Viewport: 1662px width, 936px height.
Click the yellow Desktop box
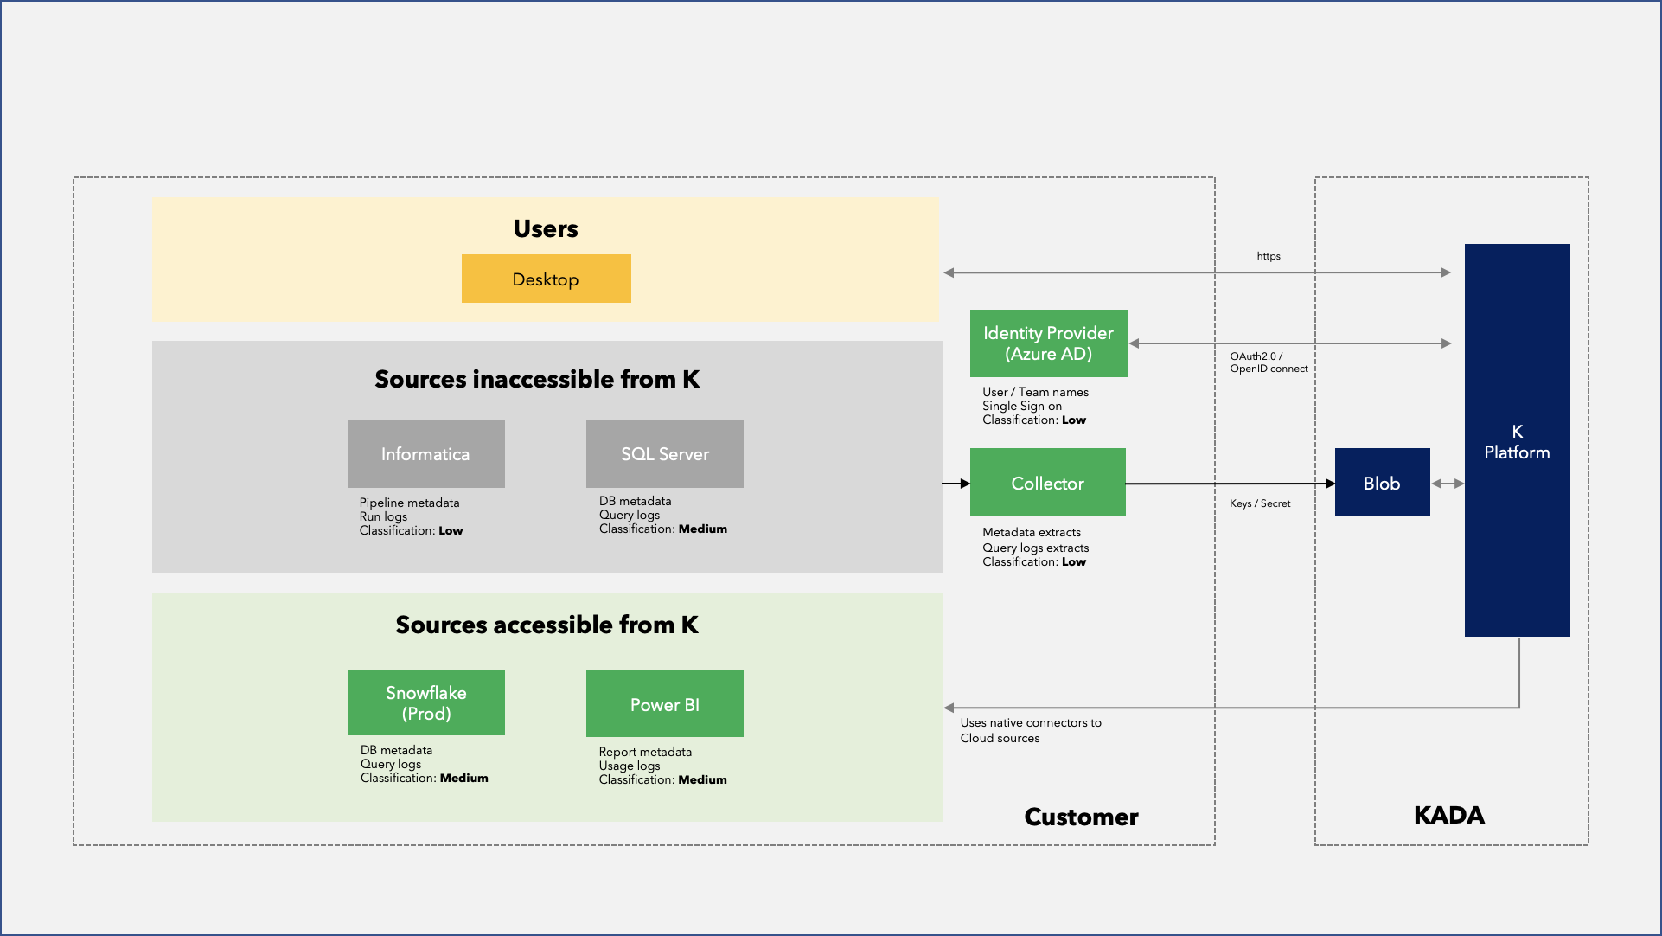point(546,279)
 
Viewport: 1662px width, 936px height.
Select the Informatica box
point(425,454)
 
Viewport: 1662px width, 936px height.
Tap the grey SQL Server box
point(664,454)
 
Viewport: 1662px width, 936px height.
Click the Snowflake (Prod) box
point(425,702)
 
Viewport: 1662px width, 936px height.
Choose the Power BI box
point(664,703)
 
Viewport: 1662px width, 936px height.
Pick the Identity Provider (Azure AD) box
point(1048,343)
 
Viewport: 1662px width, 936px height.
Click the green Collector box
point(1047,483)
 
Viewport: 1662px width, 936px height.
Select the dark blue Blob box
point(1382,483)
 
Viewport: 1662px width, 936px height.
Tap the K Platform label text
point(1517,442)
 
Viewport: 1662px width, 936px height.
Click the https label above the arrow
point(1268,256)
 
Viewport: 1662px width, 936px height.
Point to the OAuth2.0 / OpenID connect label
point(1268,362)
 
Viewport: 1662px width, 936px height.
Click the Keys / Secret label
point(1259,503)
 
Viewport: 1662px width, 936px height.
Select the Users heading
point(545,228)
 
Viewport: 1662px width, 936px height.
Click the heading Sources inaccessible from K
point(537,379)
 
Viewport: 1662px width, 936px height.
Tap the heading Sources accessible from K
point(547,625)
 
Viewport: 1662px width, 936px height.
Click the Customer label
point(1081,817)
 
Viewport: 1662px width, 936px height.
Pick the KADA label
point(1448,815)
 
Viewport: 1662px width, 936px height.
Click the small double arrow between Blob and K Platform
point(1448,484)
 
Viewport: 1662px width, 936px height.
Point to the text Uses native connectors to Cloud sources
point(1030,730)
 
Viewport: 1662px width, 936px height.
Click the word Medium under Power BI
point(702,779)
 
